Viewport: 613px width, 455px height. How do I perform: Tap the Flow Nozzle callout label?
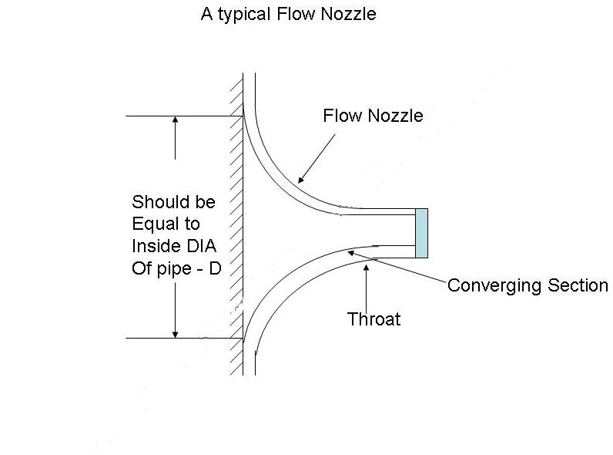tap(373, 116)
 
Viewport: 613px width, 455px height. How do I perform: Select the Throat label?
tap(374, 319)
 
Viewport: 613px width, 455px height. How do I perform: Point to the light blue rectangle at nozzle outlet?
tap(421, 233)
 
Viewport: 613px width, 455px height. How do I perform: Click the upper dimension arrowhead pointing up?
tap(176, 121)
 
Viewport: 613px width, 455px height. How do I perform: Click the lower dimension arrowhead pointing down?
tap(176, 333)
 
